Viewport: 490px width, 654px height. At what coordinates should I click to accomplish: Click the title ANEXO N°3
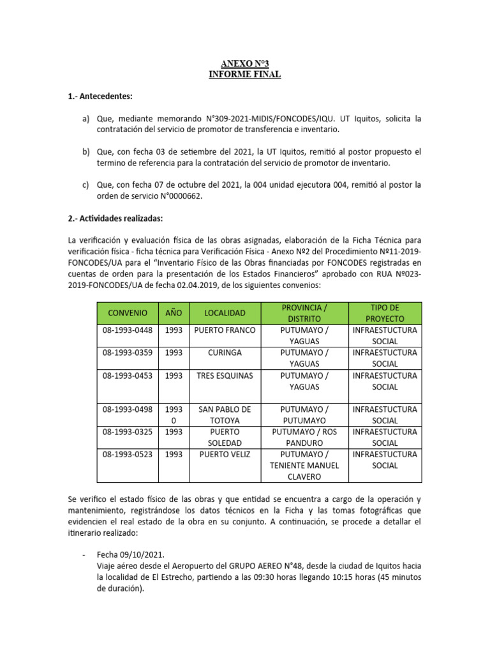pos(245,63)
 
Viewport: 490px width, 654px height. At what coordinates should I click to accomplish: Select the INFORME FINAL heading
pos(245,75)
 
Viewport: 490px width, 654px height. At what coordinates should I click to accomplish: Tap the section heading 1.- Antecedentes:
pos(100,96)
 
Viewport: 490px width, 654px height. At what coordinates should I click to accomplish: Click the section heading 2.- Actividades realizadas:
pos(115,218)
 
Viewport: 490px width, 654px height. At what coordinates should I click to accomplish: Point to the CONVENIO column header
pos(128,313)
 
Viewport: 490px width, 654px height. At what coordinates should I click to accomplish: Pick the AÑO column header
pos(174,313)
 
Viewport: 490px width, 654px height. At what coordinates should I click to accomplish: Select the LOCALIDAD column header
pos(225,313)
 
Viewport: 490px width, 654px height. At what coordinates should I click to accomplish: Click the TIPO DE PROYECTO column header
pos(385,313)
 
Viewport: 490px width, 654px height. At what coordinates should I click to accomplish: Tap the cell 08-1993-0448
pos(128,330)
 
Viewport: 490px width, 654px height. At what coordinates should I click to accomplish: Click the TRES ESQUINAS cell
pos(225,376)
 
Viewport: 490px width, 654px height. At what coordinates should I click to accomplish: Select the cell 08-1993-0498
pos(128,409)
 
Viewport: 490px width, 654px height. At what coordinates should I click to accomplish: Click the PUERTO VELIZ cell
pos(225,455)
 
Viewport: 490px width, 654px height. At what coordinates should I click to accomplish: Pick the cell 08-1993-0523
pos(128,455)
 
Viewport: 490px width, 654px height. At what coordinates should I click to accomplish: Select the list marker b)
pos(86,152)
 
